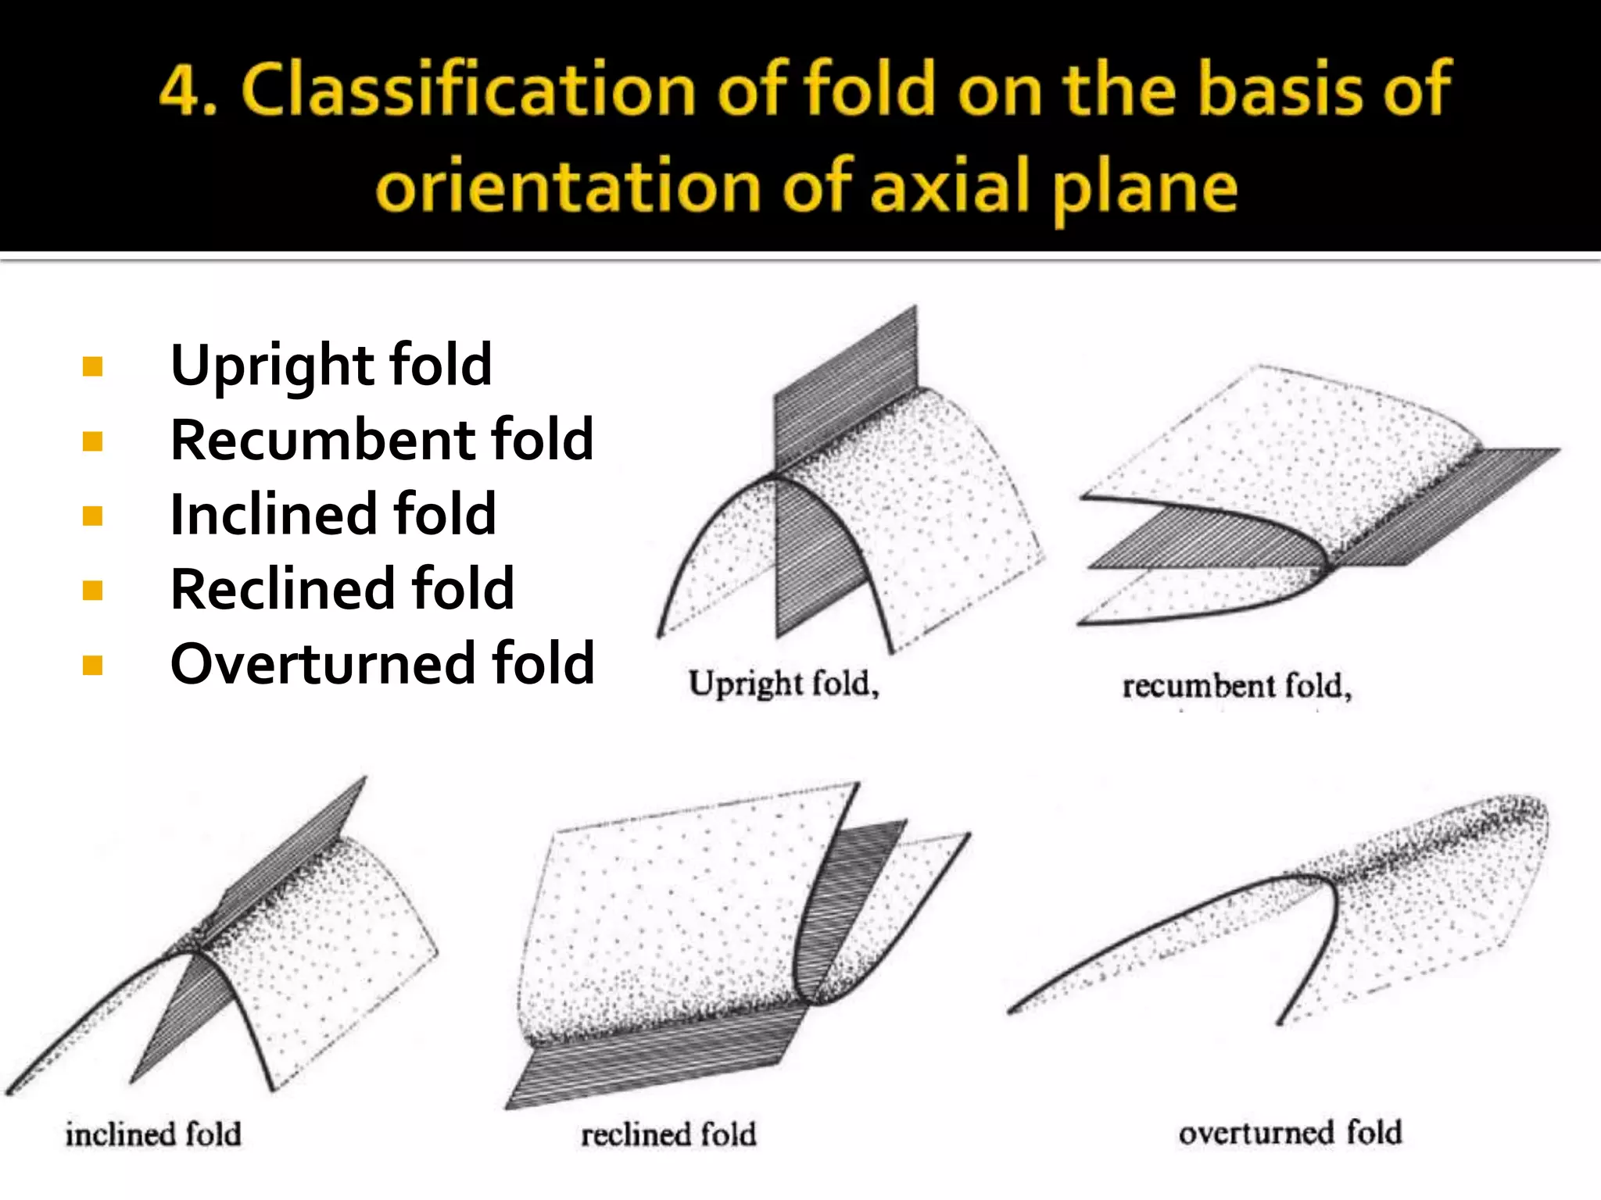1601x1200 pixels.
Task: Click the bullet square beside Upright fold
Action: [x=92, y=366]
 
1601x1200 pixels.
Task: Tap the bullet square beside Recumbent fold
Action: [x=92, y=441]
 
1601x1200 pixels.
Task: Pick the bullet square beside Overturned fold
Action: [x=92, y=665]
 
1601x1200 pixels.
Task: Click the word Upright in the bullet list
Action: [x=272, y=366]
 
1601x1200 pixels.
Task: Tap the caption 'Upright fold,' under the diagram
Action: [x=783, y=684]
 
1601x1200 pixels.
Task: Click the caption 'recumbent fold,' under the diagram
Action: [x=1237, y=687]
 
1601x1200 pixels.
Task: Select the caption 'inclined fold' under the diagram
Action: [x=153, y=1134]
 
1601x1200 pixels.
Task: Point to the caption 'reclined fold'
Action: [x=668, y=1134]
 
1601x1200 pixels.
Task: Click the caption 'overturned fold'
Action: [x=1290, y=1133]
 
